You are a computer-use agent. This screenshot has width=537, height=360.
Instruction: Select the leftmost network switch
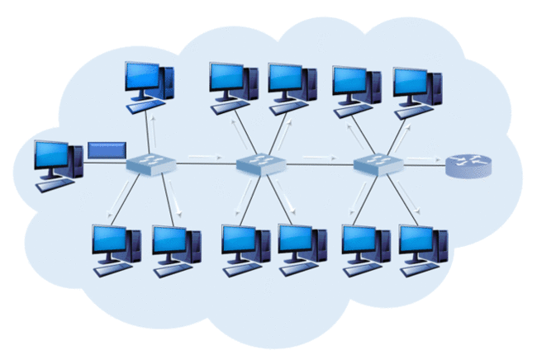[x=150, y=165]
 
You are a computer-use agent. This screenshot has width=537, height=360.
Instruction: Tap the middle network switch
[x=260, y=165]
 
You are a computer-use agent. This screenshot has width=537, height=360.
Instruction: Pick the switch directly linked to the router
[x=378, y=165]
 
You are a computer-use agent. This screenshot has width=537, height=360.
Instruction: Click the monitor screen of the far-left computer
[x=51, y=155]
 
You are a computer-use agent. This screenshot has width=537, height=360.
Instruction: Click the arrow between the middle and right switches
[x=318, y=156]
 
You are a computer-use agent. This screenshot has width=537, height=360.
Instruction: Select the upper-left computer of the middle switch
[x=234, y=85]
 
